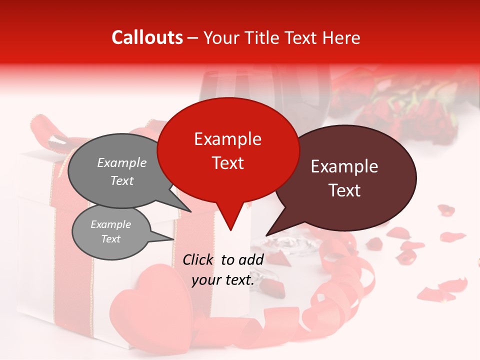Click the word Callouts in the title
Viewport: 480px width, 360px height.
point(147,37)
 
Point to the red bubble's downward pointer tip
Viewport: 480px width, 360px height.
point(230,229)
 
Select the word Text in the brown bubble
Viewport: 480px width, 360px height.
point(345,190)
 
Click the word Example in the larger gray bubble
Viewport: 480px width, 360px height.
point(121,162)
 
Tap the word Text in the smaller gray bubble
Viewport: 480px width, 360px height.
point(110,239)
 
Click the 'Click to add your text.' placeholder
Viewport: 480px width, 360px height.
point(223,270)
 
